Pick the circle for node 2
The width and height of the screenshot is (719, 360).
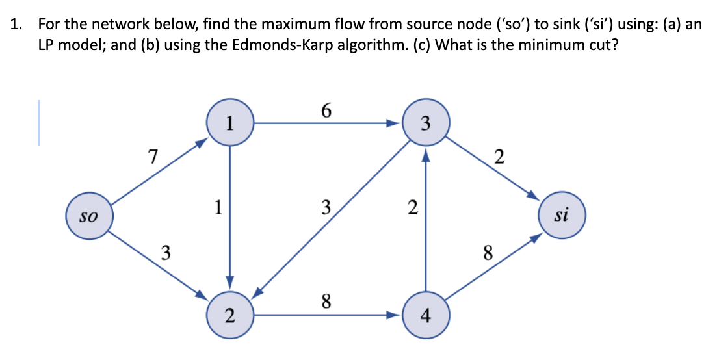229,316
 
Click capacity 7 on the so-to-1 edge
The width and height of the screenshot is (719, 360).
152,157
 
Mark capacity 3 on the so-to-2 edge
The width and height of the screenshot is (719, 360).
166,252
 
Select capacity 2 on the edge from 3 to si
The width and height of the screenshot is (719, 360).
499,157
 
